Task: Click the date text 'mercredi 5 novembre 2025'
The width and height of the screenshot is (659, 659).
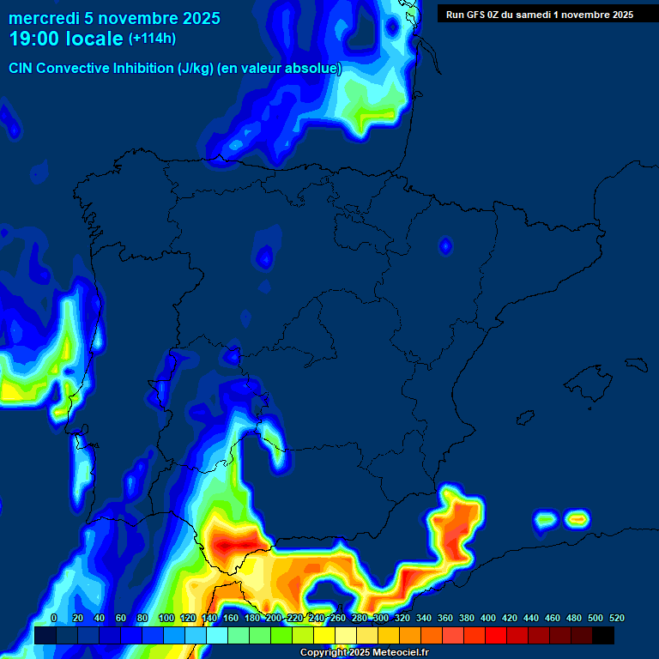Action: point(114,18)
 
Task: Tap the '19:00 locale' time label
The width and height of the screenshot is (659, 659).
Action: point(66,39)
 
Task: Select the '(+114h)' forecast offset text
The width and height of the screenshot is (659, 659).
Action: point(152,39)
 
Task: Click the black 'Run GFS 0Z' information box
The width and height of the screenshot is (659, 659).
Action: point(539,14)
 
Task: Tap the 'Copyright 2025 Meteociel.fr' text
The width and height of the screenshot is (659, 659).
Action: point(364,653)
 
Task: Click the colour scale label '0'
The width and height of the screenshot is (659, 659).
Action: point(54,618)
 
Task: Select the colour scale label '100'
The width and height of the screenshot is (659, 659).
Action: point(166,618)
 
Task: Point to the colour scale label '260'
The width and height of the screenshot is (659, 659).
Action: point(338,618)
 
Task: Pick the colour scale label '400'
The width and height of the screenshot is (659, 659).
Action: point(488,618)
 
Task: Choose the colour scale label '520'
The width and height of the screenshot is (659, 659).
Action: point(616,618)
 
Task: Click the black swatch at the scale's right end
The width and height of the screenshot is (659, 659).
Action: point(603,635)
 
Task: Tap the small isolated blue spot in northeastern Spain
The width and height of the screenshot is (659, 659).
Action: point(445,246)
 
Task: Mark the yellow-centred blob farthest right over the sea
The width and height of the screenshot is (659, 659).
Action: point(577,518)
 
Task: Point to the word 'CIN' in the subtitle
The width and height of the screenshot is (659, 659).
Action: point(22,69)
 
